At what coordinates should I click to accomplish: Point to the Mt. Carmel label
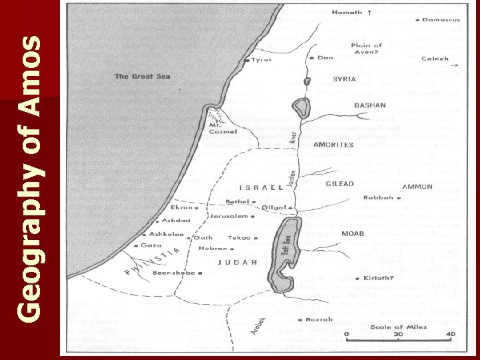pos(217,127)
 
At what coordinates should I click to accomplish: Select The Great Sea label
pos(143,77)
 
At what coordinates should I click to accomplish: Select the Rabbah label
pos(377,197)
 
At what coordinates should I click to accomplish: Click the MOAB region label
pos(353,234)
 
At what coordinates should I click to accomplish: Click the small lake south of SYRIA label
pos(301,107)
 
